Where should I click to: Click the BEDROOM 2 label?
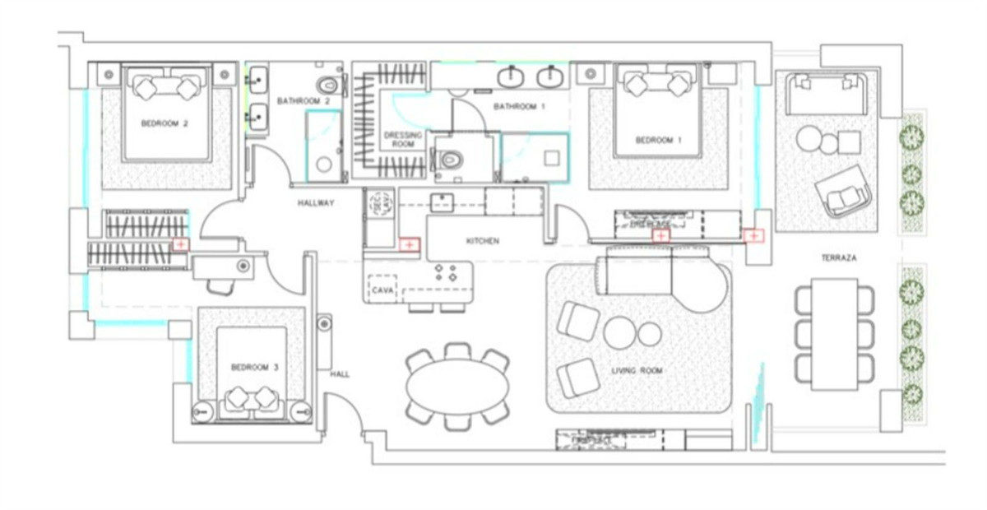tap(164, 123)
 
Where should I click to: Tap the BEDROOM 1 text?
tap(659, 140)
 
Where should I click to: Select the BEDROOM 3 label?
tap(253, 367)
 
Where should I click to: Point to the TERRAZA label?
tap(838, 257)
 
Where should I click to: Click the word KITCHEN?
tap(483, 241)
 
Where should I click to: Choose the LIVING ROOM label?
tap(637, 371)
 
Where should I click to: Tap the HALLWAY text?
tap(316, 204)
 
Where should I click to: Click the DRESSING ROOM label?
tap(403, 140)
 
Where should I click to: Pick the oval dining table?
tap(458, 387)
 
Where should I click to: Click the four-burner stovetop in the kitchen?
tap(445, 272)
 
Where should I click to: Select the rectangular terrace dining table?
tap(834, 334)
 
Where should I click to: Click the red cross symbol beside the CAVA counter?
tap(409, 244)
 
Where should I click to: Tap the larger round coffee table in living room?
tap(619, 332)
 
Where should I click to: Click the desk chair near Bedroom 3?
tap(220, 285)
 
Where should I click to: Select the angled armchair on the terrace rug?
tap(842, 192)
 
